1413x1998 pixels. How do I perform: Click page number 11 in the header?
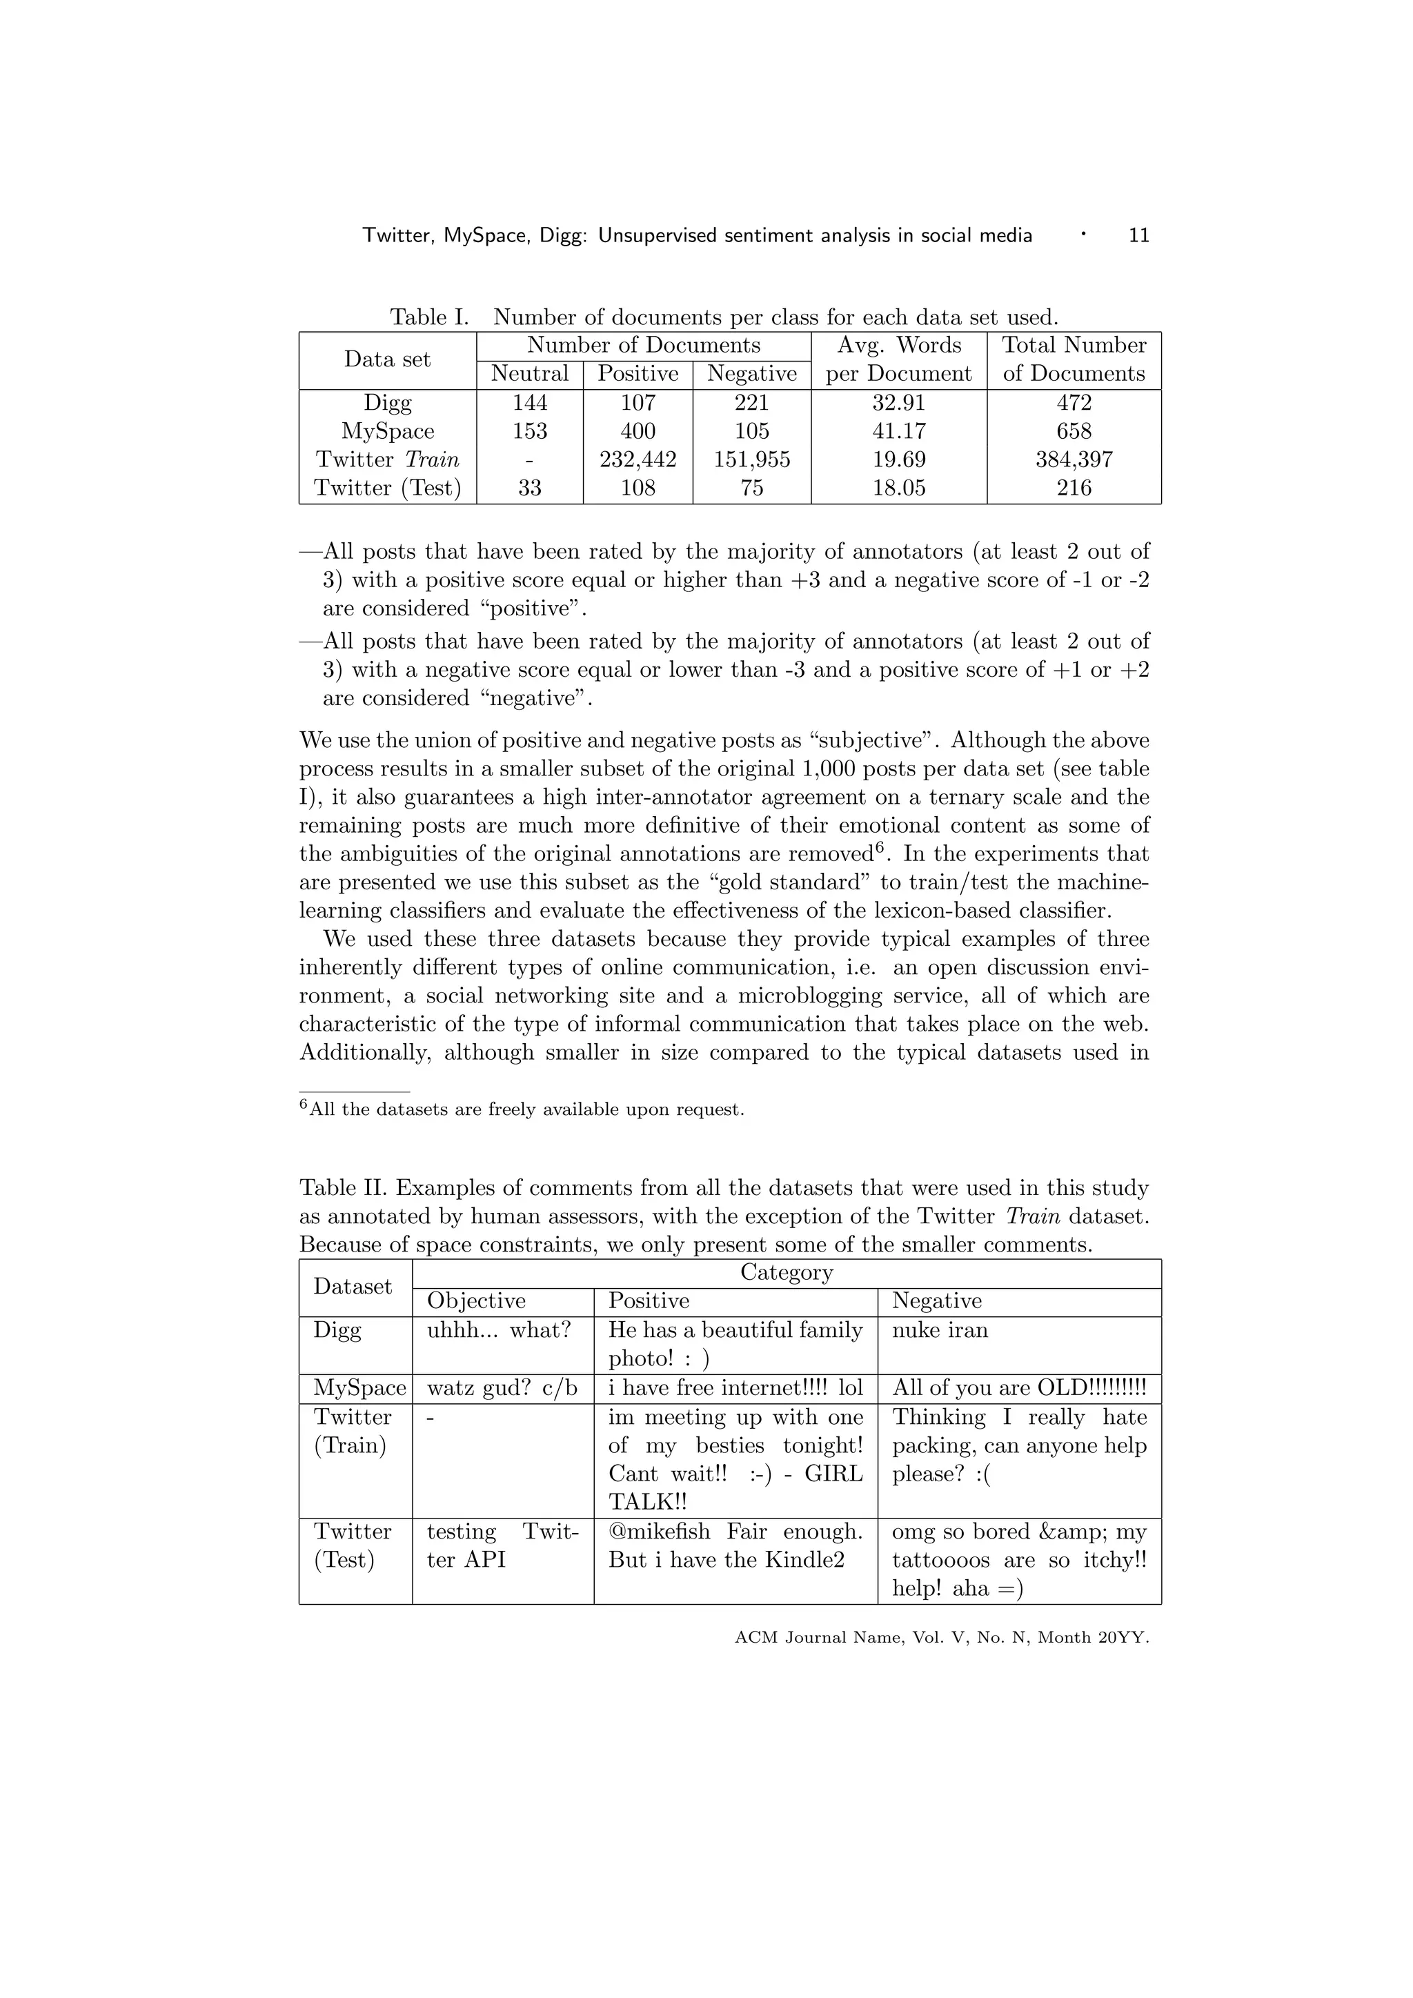[1138, 235]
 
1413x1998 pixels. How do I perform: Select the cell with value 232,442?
[638, 459]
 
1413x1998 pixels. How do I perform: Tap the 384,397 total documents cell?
[1074, 459]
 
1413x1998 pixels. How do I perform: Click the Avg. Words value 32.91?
[899, 403]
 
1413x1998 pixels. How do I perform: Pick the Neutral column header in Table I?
[529, 374]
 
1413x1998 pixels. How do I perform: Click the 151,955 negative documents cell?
[752, 459]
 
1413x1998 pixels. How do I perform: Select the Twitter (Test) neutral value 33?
[529, 488]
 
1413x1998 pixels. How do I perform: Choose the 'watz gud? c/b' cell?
[502, 1388]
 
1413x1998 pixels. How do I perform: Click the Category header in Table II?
[787, 1272]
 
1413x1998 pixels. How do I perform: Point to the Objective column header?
[476, 1301]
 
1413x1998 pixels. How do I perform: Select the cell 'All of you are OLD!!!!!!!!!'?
[1019, 1388]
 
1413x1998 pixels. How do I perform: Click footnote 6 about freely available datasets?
[522, 1109]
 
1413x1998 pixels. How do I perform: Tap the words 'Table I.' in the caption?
[429, 317]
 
